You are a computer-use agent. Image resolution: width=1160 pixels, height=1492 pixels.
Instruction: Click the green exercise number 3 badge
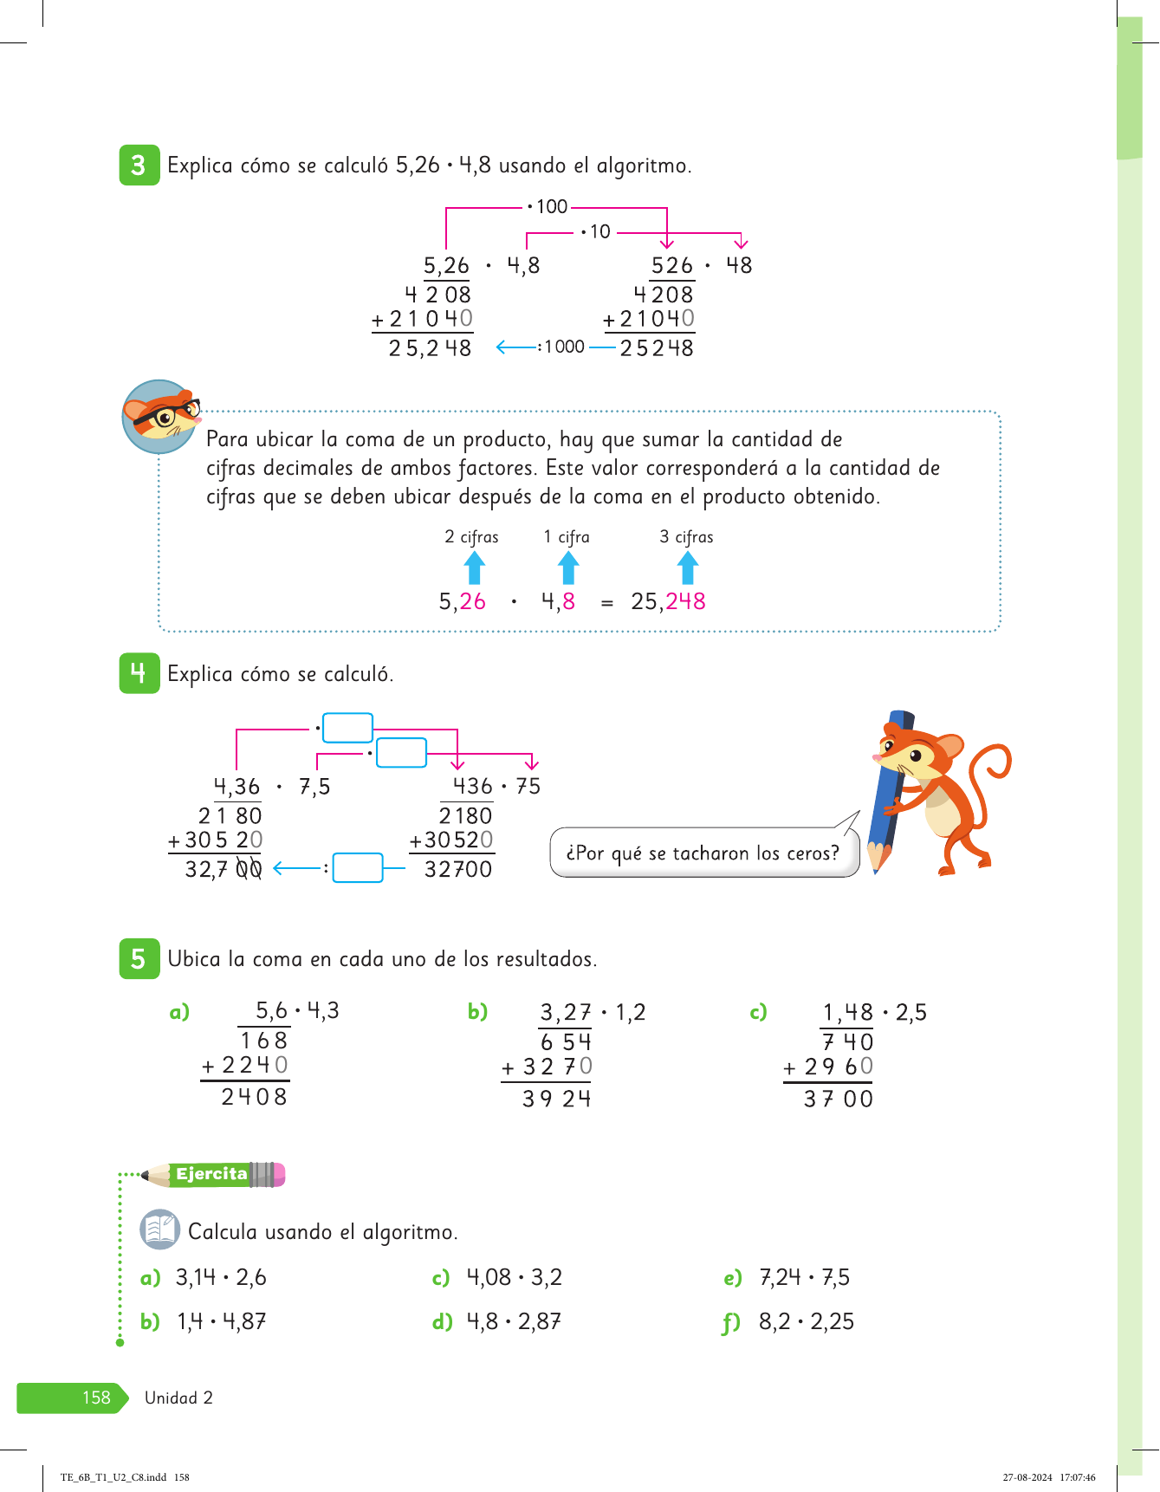pos(139,165)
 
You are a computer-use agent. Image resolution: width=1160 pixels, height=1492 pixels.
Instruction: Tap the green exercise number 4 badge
pos(139,673)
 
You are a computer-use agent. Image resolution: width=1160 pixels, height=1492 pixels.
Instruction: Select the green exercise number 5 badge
pos(139,958)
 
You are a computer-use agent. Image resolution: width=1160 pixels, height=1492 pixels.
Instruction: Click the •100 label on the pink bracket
pos(548,207)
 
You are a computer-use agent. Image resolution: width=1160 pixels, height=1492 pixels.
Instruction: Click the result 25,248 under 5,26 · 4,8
pos(430,348)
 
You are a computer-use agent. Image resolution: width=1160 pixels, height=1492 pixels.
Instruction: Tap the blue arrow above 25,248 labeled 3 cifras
pos(688,569)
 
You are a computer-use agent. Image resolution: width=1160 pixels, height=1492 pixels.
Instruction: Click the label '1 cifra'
pos(567,537)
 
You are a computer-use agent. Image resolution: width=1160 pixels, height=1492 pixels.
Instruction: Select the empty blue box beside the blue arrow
pos(358,867)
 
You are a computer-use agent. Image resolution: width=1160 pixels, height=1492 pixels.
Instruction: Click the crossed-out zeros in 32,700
pos(249,869)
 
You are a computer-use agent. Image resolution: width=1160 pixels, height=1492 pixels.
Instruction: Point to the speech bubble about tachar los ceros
pos(703,853)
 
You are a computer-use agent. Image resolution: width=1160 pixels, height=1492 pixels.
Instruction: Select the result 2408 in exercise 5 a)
pos(254,1097)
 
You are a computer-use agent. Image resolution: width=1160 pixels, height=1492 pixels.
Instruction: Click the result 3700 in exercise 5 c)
pos(838,1100)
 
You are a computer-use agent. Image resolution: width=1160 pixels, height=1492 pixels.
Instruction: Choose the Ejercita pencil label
pos(212,1174)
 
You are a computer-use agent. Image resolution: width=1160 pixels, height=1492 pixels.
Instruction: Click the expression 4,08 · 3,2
pos(515,1277)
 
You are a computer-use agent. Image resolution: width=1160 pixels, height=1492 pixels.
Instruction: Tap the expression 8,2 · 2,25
pos(807,1321)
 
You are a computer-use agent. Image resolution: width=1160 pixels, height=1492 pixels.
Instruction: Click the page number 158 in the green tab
pos(96,1398)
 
